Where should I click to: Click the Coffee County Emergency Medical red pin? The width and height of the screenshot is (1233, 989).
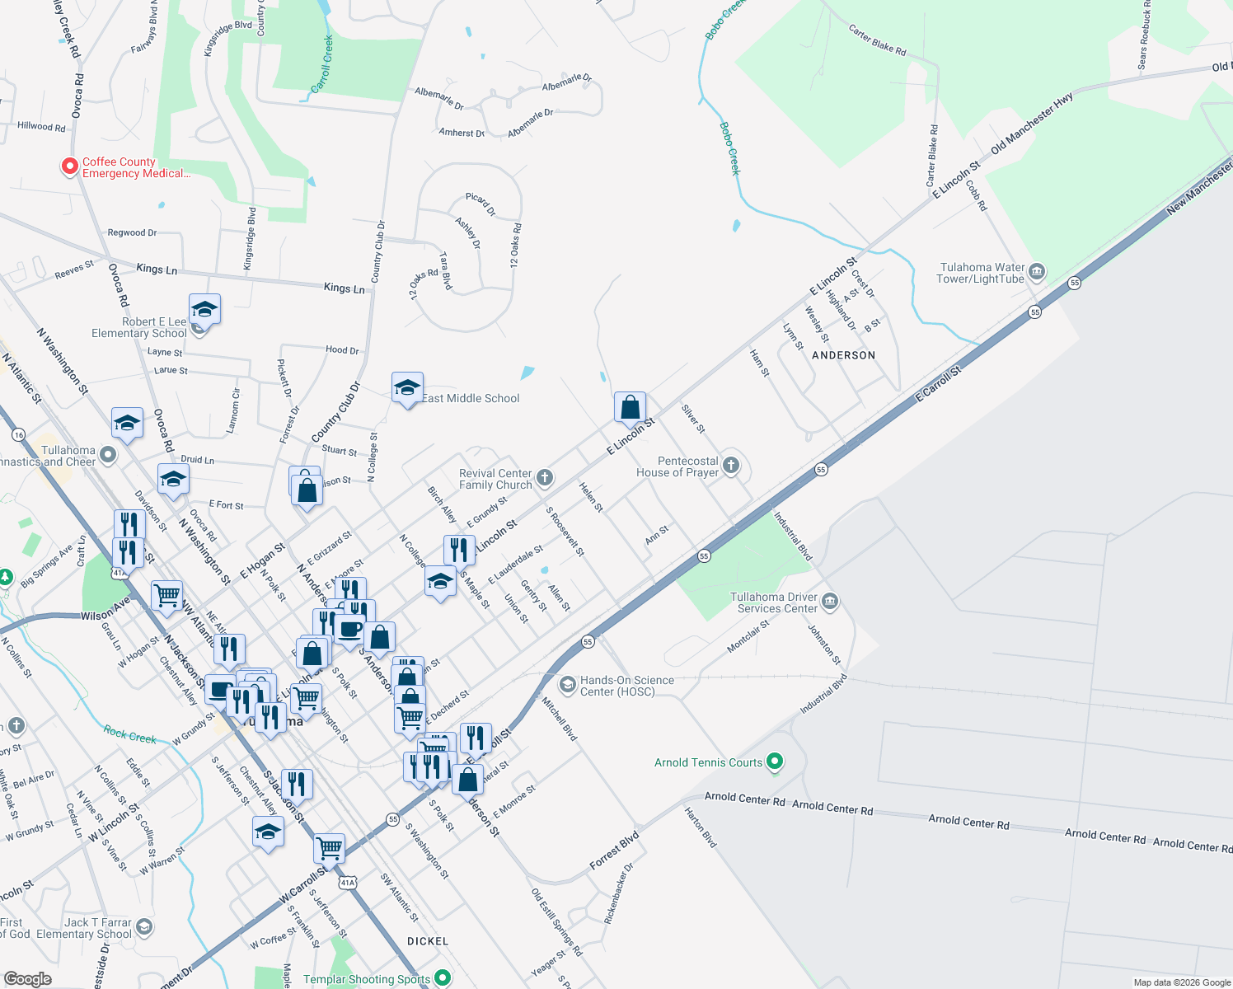(70, 166)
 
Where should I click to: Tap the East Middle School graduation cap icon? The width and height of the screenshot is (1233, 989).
(407, 387)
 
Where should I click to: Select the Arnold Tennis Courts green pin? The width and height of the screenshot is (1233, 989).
(774, 762)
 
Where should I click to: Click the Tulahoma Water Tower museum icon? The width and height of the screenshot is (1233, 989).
(1037, 271)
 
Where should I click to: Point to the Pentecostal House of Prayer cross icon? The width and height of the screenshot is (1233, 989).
(730, 466)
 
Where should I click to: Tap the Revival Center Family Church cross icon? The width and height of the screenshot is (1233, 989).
(544, 477)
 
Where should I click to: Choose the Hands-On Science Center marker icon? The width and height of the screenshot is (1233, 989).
(567, 684)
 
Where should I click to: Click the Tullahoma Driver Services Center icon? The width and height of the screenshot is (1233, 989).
(830, 601)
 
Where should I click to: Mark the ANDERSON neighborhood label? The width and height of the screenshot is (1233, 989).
(843, 355)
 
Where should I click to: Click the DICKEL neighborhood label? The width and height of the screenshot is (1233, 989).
(428, 941)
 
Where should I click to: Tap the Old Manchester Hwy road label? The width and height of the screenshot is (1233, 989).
(1031, 124)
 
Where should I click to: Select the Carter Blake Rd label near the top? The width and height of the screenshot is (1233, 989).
(877, 40)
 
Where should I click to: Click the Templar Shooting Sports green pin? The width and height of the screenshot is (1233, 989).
(443, 977)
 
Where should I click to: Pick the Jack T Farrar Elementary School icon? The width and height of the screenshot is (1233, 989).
(144, 927)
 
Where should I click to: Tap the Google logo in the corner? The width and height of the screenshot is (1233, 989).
(28, 978)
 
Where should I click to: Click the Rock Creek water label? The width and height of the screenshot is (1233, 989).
(129, 734)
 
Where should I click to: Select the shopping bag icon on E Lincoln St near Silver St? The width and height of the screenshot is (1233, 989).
(630, 407)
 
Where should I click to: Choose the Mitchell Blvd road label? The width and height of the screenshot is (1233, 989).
(559, 718)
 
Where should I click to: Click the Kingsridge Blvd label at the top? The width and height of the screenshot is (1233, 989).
(227, 38)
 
